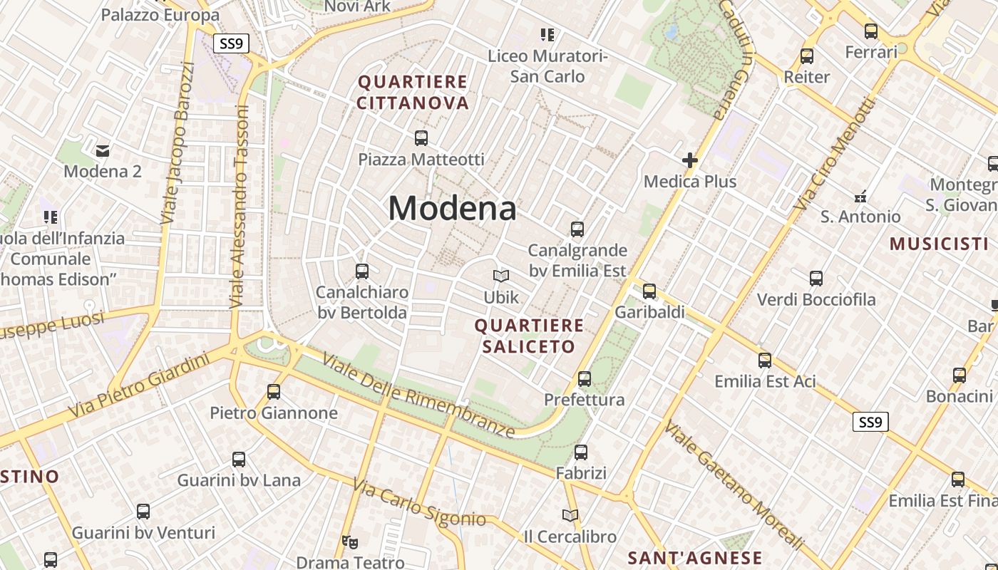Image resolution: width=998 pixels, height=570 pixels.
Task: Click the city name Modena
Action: click(x=452, y=209)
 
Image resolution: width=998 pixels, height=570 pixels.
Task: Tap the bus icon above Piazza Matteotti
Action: click(x=421, y=138)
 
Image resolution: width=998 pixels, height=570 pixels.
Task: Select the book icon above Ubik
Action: click(x=501, y=276)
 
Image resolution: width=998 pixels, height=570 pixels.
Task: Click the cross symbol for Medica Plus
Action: click(x=689, y=160)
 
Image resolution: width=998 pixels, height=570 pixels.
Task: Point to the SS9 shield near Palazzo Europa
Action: click(x=231, y=43)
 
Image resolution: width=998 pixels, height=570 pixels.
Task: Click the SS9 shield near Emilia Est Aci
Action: click(x=870, y=422)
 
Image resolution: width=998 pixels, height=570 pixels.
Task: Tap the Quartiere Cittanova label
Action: click(x=413, y=93)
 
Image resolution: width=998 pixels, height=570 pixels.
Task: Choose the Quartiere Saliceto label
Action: click(x=529, y=336)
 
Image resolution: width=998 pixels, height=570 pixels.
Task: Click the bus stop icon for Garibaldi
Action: click(x=649, y=291)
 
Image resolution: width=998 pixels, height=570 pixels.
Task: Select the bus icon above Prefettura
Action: click(x=585, y=378)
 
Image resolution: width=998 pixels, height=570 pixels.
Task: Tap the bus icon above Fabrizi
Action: click(x=581, y=452)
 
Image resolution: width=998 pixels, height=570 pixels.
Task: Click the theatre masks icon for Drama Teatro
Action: click(x=349, y=542)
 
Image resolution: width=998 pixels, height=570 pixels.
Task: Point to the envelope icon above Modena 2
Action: click(x=103, y=150)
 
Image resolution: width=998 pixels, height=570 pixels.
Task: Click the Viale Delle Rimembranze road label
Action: click(x=418, y=395)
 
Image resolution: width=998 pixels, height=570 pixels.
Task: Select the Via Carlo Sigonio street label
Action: click(x=419, y=505)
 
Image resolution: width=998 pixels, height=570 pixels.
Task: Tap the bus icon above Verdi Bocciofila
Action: click(x=816, y=279)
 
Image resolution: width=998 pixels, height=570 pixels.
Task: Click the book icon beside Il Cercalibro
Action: click(x=570, y=515)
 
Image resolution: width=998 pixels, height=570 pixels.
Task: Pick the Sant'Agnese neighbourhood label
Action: click(x=694, y=558)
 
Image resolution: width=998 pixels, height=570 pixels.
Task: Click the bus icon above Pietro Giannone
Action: click(x=274, y=391)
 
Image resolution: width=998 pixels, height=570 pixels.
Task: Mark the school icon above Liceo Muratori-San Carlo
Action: click(x=547, y=34)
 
